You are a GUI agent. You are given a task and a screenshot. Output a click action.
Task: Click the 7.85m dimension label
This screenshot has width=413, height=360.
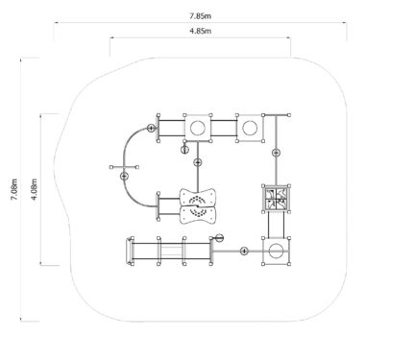[200, 16]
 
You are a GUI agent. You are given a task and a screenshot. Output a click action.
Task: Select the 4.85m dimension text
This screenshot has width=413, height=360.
[200, 31]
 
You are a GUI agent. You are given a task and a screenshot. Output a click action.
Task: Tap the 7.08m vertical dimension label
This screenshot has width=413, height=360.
[14, 189]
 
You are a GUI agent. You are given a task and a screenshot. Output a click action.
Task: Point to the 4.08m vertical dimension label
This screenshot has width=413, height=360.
[34, 189]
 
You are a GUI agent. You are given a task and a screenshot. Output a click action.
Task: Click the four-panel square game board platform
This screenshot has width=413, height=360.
[276, 199]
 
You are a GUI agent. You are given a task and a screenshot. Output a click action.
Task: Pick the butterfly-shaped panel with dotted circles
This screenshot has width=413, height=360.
[198, 206]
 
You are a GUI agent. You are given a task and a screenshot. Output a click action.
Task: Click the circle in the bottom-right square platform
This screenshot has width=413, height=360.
[276, 252]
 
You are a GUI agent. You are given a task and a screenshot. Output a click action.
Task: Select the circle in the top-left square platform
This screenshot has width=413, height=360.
[198, 128]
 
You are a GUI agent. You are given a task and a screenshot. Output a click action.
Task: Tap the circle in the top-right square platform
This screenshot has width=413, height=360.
[250, 128]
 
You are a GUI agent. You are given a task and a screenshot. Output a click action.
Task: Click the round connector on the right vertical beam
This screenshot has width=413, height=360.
[277, 153]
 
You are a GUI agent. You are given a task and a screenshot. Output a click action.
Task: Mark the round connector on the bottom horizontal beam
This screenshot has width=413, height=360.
[244, 252]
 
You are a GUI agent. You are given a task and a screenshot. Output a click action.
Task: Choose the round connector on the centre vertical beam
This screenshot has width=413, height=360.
[198, 162]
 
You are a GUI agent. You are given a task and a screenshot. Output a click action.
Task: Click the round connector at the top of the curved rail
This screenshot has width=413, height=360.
[151, 129]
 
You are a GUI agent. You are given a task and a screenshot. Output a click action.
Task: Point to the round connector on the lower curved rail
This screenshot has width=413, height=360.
[124, 176]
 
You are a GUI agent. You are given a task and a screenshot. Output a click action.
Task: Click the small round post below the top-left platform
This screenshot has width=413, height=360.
[184, 149]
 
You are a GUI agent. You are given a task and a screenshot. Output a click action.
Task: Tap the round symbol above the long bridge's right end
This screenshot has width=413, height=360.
[219, 238]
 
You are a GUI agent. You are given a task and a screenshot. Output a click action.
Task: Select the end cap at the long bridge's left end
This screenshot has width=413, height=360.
[129, 252]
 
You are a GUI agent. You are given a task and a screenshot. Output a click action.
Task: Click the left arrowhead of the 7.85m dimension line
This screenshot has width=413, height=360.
[55, 23]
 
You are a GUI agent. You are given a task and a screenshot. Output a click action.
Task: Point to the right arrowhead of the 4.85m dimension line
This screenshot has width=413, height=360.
[289, 38]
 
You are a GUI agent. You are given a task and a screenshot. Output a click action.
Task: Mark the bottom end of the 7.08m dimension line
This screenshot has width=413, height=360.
[21, 320]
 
